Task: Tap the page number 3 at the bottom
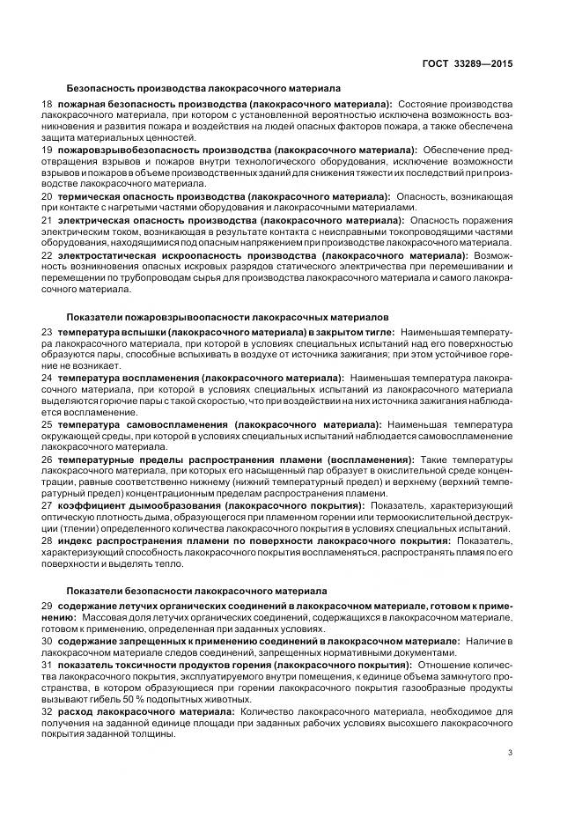(510, 752)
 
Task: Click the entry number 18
(48, 104)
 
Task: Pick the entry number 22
(48, 254)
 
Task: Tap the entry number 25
(48, 423)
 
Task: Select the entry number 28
(48, 540)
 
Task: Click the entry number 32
(48, 709)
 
